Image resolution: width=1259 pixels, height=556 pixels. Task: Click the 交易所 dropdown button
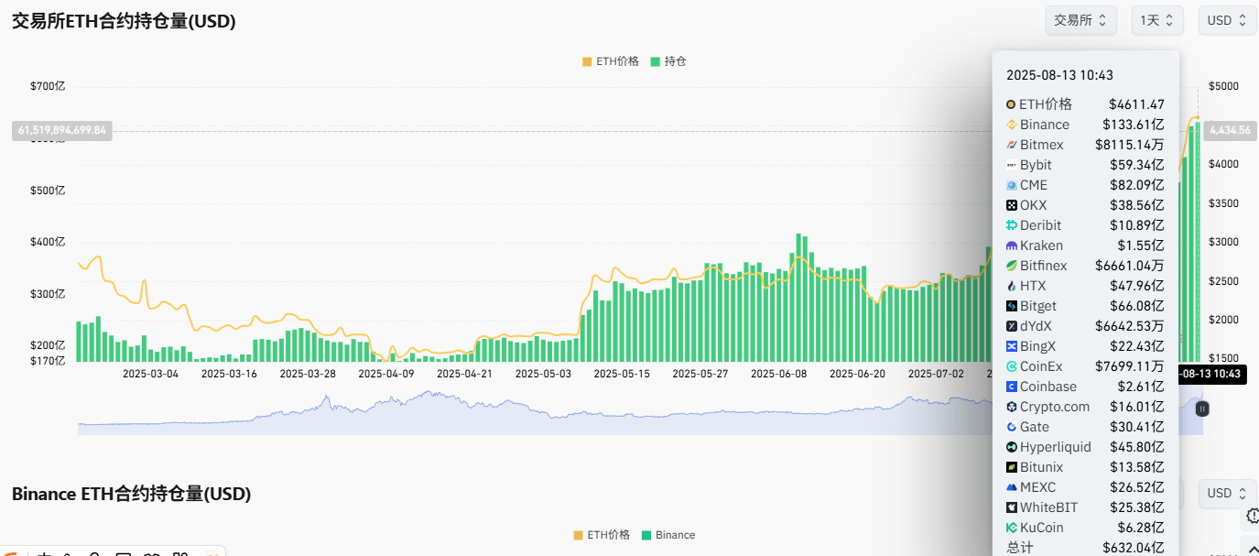click(x=1080, y=20)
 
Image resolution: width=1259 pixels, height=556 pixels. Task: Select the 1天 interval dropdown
click(x=1157, y=20)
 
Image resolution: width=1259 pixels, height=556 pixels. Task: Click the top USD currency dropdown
click(x=1227, y=20)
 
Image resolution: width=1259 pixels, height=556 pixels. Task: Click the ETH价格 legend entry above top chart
click(x=611, y=61)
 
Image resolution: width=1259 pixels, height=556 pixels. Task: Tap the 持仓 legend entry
click(x=668, y=61)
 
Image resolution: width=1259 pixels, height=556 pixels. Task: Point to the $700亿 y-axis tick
click(x=48, y=86)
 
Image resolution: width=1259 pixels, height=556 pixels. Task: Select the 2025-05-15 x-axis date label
click(x=622, y=374)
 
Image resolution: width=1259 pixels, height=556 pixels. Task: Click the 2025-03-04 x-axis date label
click(x=151, y=374)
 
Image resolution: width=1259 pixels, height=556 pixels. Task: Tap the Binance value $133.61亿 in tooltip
click(x=1136, y=125)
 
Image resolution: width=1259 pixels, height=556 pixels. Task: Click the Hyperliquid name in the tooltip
click(x=1055, y=447)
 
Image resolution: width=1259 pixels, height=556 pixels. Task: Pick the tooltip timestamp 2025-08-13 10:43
click(x=1059, y=75)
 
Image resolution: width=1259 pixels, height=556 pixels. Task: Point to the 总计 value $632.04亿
click(x=1136, y=548)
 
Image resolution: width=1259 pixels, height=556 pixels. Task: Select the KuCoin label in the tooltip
click(x=1041, y=528)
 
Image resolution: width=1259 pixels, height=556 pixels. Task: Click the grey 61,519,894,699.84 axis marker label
click(x=61, y=130)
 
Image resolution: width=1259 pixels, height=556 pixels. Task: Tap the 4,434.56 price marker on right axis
click(x=1230, y=130)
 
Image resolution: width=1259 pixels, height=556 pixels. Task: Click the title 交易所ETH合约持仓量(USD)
click(x=124, y=21)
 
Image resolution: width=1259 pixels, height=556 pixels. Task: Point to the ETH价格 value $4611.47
click(x=1136, y=104)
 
